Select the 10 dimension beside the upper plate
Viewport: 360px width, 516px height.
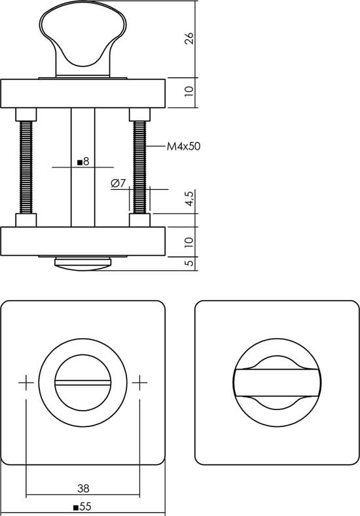(x=189, y=93)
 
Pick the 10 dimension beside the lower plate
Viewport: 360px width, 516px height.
(x=189, y=241)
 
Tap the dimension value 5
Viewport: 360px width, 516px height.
(x=189, y=263)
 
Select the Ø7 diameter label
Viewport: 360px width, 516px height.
(x=118, y=183)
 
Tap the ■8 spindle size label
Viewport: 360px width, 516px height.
(x=82, y=160)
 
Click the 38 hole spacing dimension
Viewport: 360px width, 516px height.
(x=82, y=488)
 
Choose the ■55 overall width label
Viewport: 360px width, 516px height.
(x=82, y=507)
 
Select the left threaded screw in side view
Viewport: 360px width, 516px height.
(x=26, y=167)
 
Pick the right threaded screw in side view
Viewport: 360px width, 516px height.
(x=139, y=167)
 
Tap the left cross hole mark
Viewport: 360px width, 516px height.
(x=26, y=383)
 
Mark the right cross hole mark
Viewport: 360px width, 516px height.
(x=139, y=383)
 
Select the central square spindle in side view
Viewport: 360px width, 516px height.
(x=82, y=196)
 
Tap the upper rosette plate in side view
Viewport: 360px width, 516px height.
(x=82, y=93)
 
